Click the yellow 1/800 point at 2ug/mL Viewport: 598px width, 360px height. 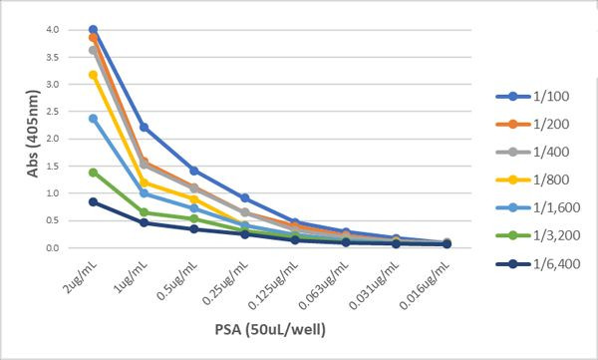click(93, 75)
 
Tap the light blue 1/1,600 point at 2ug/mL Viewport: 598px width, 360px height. click(93, 119)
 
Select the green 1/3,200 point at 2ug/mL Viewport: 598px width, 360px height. click(93, 173)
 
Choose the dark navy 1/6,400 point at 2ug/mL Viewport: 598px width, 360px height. click(93, 201)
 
